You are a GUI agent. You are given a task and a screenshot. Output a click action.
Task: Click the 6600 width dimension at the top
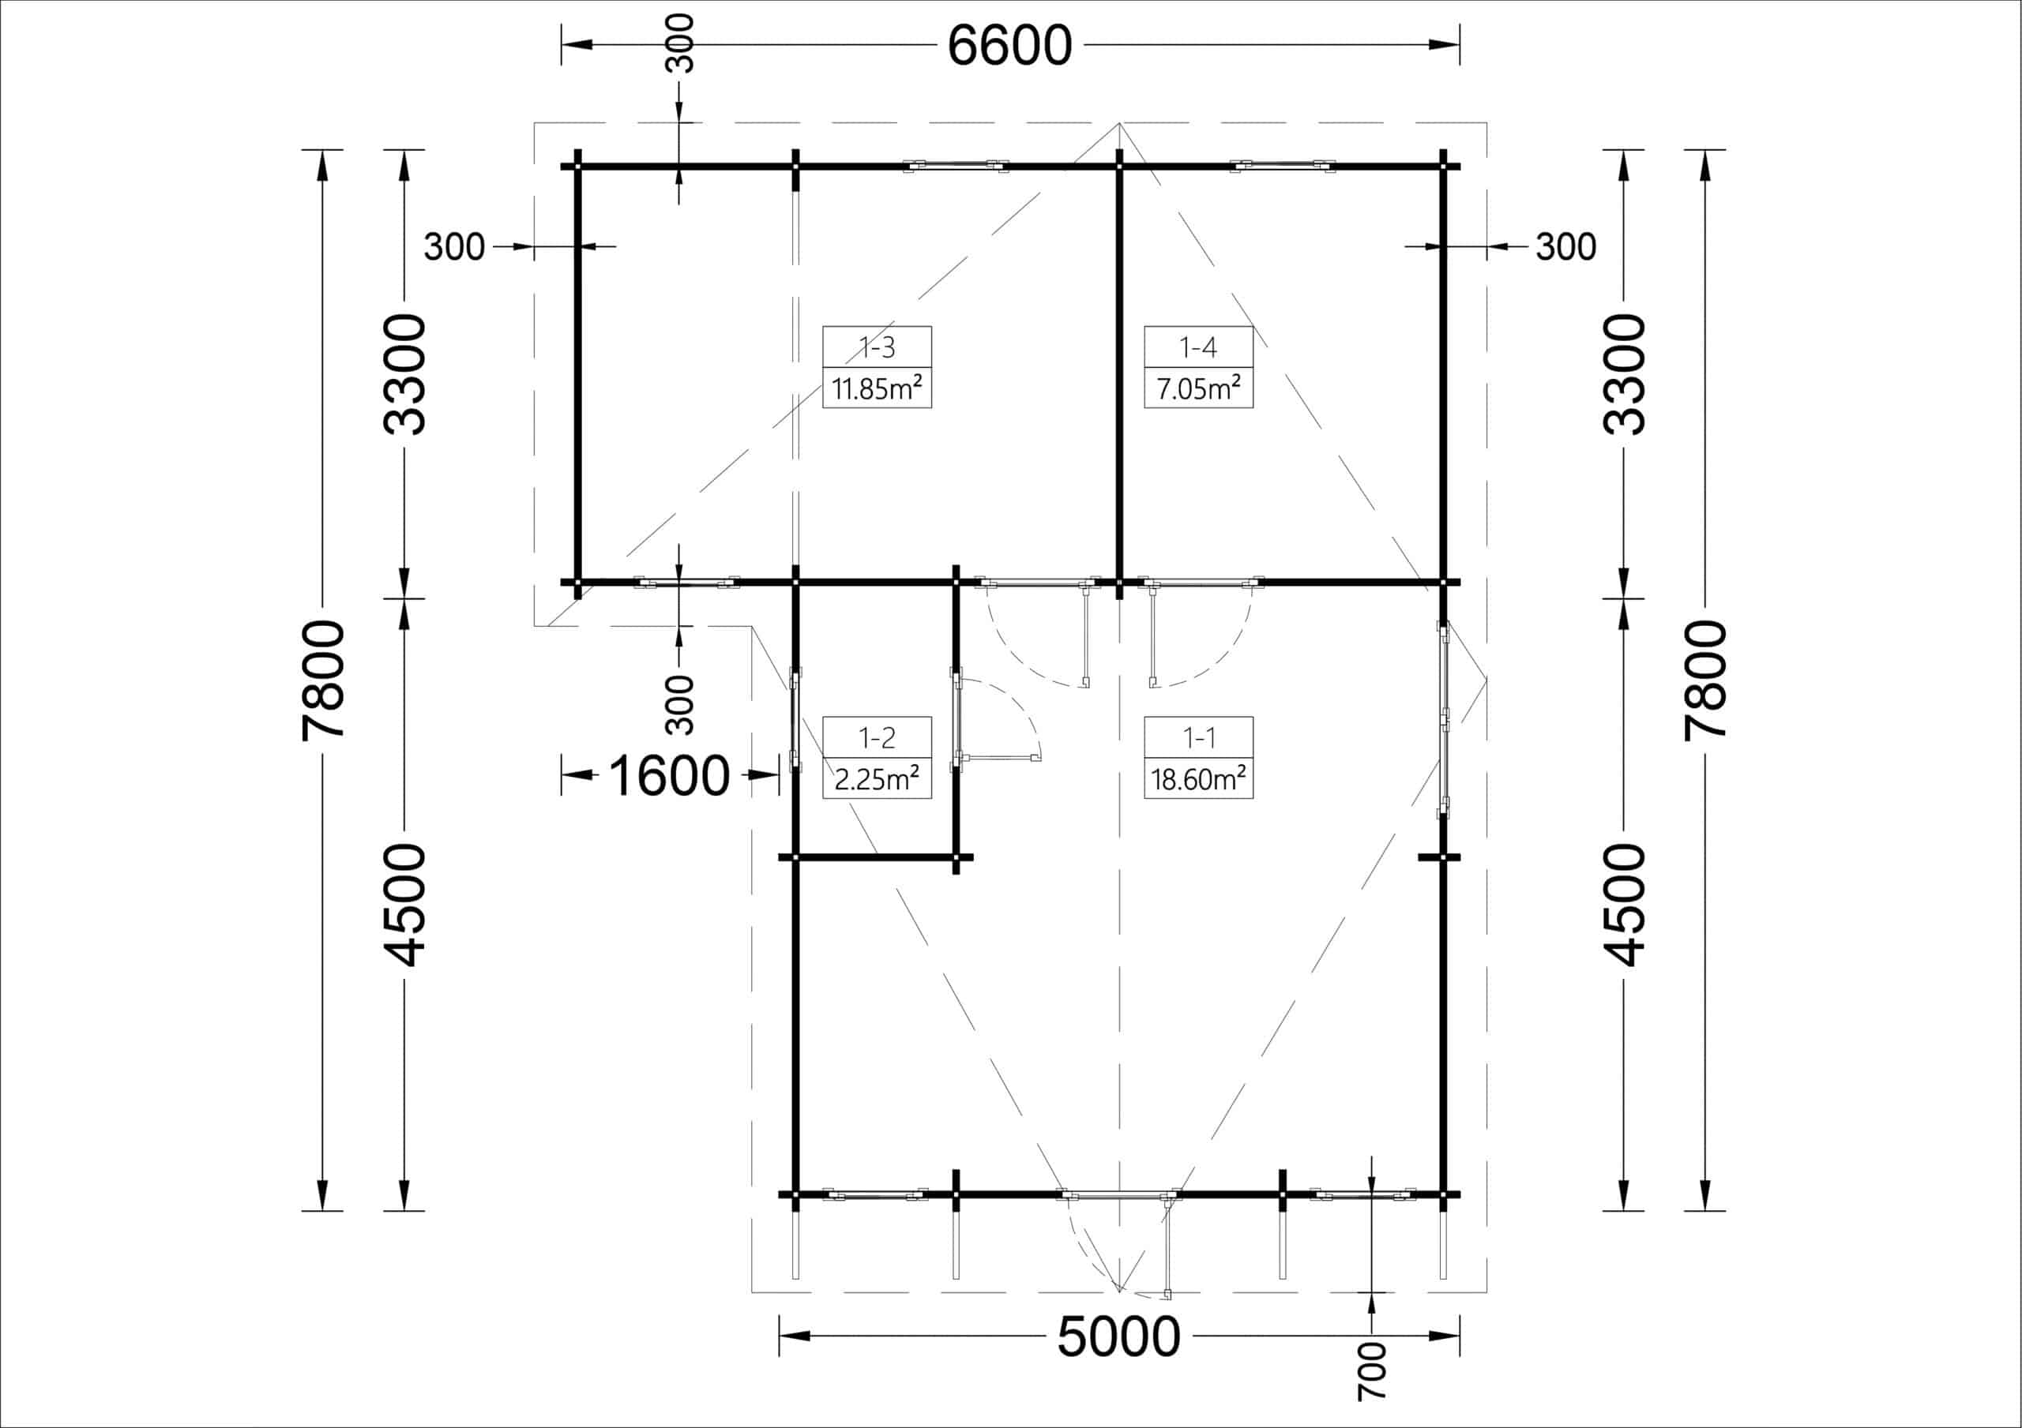1009,46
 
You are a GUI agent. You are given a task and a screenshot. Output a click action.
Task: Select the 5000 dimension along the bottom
1118,1336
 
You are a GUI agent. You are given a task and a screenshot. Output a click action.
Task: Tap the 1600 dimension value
668,776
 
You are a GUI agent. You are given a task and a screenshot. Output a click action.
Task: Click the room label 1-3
878,348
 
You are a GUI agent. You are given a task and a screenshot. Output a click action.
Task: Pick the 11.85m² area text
878,388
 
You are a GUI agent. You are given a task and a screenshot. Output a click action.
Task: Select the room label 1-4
1197,348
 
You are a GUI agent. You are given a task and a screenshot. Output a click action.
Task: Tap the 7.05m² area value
1197,388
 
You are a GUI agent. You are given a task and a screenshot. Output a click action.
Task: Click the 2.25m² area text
878,778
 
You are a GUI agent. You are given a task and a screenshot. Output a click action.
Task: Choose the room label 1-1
1197,738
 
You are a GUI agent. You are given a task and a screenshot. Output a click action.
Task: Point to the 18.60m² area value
1197,778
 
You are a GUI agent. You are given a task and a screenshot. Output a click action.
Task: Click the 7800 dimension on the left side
322,680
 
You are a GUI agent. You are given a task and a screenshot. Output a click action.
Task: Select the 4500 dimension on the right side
1623,905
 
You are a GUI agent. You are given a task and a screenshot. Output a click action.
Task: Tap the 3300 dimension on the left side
405,374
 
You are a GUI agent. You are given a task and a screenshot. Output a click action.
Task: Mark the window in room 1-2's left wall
795,719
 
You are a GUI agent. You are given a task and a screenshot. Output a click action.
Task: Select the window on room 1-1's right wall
1445,719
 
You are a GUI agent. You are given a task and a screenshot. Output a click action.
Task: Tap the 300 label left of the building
454,247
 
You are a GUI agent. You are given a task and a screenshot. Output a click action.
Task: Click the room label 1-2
878,738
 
